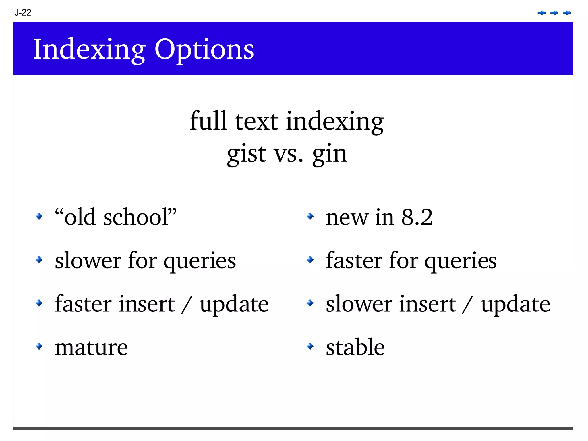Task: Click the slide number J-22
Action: point(23,12)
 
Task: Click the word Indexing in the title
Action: point(89,49)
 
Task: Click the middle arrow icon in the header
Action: point(554,13)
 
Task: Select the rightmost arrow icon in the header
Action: point(567,13)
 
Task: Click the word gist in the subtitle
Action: point(247,154)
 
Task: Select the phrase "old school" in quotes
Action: point(116,217)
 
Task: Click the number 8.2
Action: point(417,217)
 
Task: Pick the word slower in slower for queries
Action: point(88,260)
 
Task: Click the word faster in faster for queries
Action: point(354,260)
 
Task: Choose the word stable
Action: point(355,347)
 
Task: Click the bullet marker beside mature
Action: point(39,346)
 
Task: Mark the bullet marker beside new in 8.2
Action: point(310,216)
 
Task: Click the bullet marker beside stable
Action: point(310,346)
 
